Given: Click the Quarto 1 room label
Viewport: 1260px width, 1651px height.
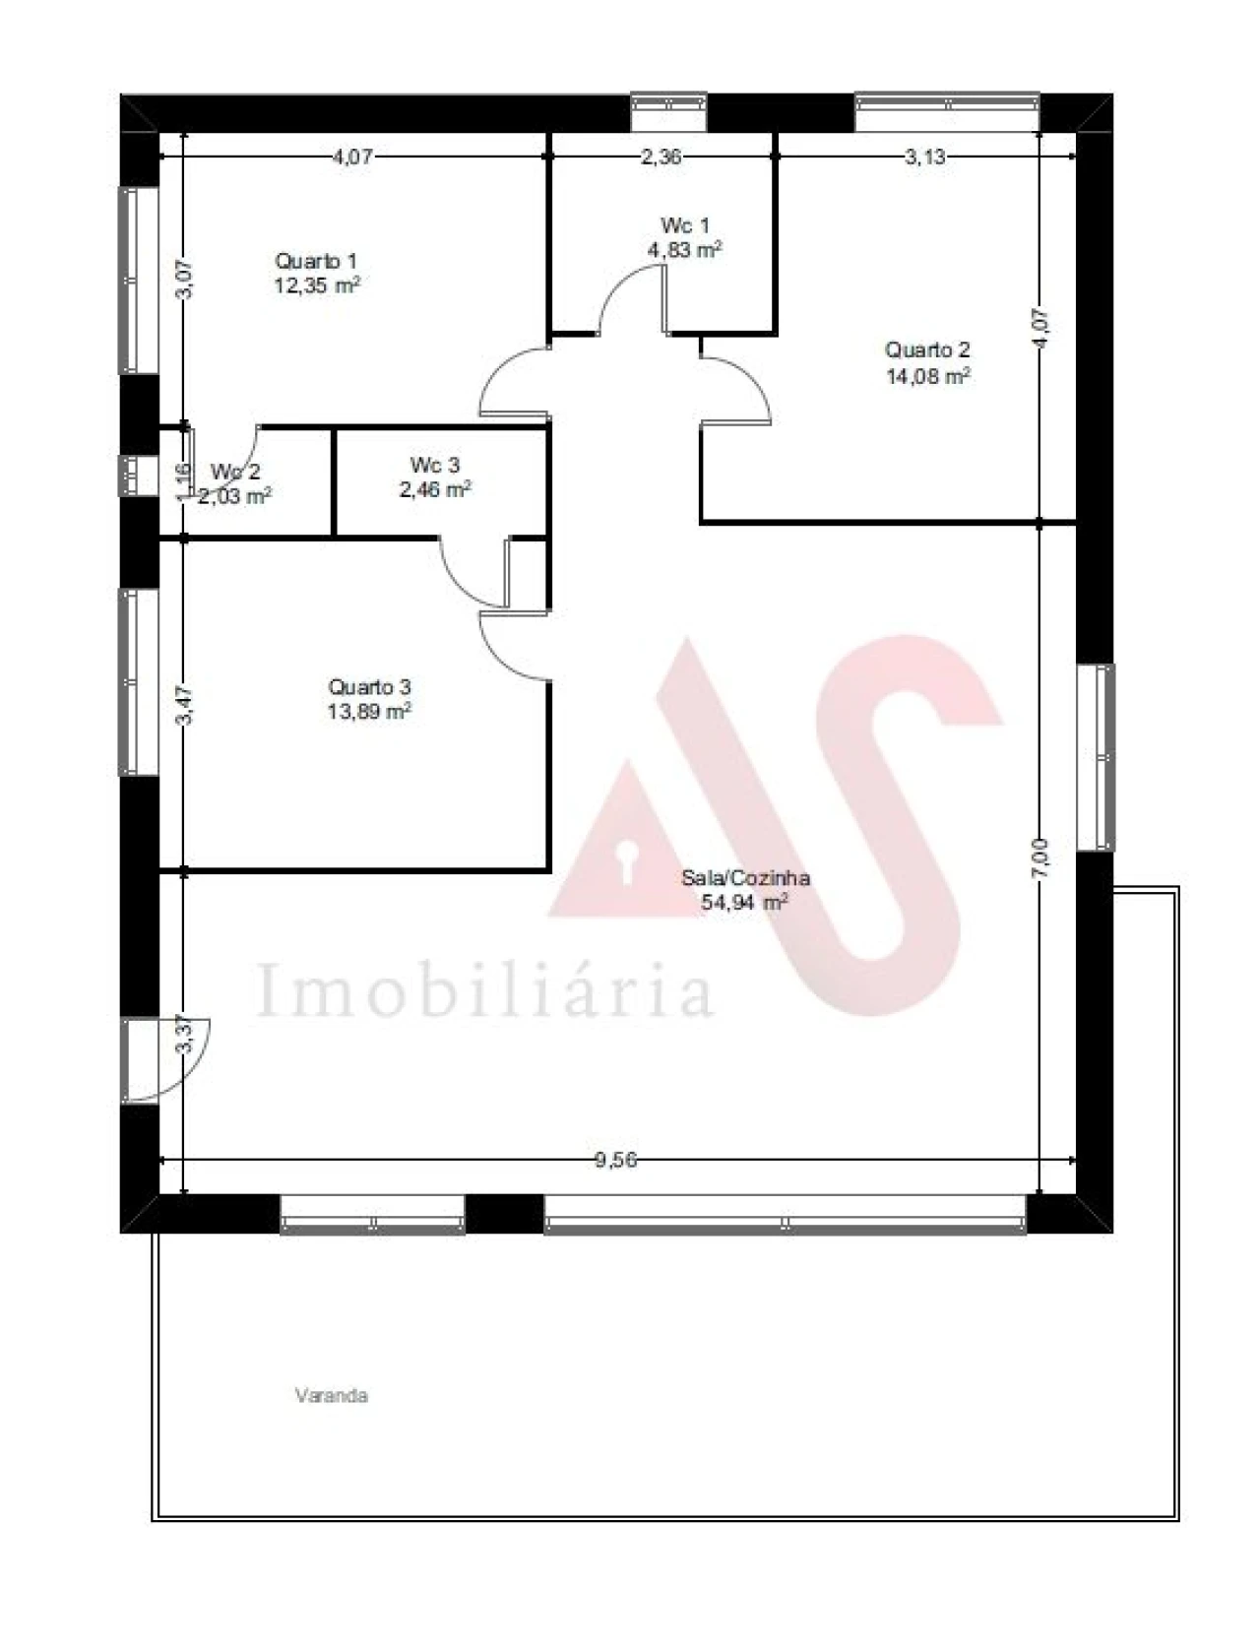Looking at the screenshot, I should [x=316, y=261].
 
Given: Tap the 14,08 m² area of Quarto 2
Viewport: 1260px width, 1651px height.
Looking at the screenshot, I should [x=928, y=376].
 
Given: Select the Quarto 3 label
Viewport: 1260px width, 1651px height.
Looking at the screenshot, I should [x=369, y=686].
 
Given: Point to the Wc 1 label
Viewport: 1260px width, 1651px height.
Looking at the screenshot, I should [x=684, y=226].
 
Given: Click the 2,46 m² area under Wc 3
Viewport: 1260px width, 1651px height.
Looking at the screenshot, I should [x=434, y=489].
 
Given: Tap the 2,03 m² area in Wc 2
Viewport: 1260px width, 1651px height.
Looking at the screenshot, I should [x=234, y=496].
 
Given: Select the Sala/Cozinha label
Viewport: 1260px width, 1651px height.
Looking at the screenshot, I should [x=745, y=877].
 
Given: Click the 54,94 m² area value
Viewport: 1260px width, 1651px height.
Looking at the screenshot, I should [x=743, y=902].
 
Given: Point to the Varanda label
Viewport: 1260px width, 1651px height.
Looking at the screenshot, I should [x=331, y=1395].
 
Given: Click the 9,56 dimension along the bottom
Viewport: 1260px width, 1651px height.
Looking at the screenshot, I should [x=616, y=1160].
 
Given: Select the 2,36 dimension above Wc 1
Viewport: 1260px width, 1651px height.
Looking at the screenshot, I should [x=661, y=157].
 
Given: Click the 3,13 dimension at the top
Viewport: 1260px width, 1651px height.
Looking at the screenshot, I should [x=925, y=157].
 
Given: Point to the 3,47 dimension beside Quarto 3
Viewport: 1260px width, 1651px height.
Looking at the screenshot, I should [x=184, y=705].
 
